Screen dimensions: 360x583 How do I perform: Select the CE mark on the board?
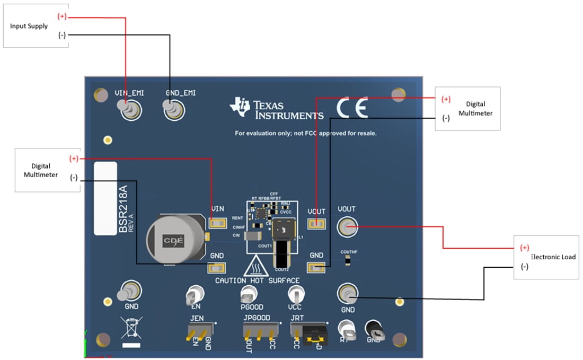[351, 109]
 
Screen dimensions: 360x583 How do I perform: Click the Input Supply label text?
[29, 26]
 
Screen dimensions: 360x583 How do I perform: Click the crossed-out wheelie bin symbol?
[131, 327]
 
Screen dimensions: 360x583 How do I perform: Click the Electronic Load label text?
[553, 257]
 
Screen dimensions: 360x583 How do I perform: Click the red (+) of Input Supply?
[62, 16]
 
